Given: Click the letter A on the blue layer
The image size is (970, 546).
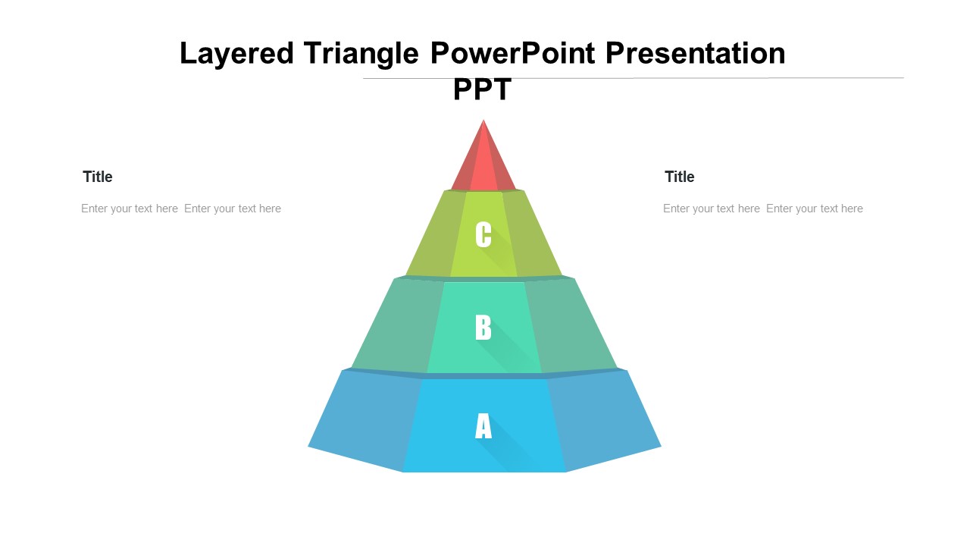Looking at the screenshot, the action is click(x=483, y=425).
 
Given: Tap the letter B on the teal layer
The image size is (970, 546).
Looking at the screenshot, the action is click(x=483, y=327).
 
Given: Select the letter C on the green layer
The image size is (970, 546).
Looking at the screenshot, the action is click(x=483, y=234).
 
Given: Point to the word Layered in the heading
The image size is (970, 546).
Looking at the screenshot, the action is click(x=236, y=54).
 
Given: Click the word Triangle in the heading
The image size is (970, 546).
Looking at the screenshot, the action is click(x=361, y=54).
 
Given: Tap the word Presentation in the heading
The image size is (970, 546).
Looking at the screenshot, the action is click(x=695, y=53).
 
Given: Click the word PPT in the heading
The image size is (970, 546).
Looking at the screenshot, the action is click(x=483, y=89).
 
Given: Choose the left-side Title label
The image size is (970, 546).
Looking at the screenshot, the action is click(x=98, y=177).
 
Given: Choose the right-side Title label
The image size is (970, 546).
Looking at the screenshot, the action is click(x=680, y=177).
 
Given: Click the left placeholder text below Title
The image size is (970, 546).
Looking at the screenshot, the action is click(x=181, y=209).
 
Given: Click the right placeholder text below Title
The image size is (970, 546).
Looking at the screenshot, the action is click(x=763, y=209).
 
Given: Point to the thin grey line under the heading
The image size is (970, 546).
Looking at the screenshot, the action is click(x=634, y=78).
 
